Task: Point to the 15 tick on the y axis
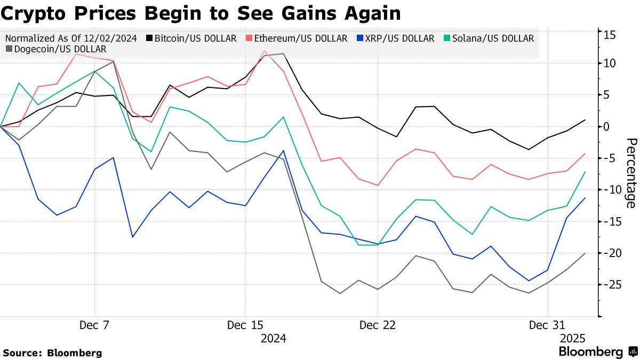click(610, 35)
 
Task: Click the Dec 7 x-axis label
click(95, 325)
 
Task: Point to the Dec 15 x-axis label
click(245, 325)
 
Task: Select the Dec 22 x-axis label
click(378, 325)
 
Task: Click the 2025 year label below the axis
click(573, 339)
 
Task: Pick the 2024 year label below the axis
click(273, 339)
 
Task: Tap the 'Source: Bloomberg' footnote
click(52, 353)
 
